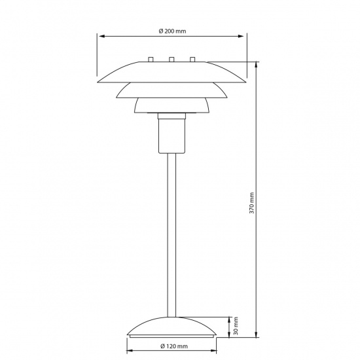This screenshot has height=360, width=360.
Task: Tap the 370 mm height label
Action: pos(252,204)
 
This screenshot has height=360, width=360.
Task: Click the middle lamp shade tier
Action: pos(171,90)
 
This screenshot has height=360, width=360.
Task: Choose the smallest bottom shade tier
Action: pos(171,105)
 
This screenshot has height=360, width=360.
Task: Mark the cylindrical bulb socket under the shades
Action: pos(171,134)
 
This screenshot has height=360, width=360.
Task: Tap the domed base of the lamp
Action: pos(171,327)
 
